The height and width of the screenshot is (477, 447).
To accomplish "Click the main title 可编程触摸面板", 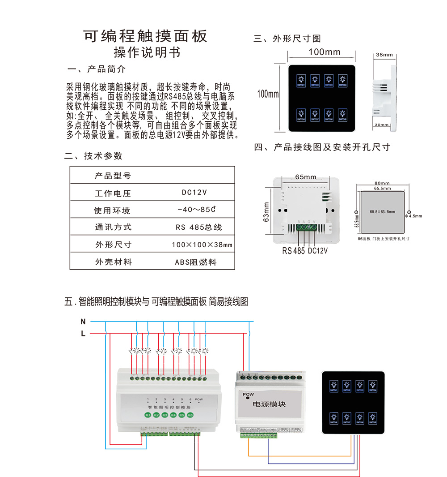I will (x=146, y=36).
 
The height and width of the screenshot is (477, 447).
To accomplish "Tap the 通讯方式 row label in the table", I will (x=114, y=227).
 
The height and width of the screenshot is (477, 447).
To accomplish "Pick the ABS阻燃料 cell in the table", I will (x=195, y=262).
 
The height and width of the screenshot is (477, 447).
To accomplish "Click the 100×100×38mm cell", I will (x=202, y=245).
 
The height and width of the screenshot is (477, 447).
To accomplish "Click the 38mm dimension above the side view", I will (x=384, y=55).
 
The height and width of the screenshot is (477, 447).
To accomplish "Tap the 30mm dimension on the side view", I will (x=382, y=125).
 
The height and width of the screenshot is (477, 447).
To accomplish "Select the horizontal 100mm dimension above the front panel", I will (x=324, y=52).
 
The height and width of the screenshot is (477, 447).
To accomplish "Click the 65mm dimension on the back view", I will (x=305, y=177).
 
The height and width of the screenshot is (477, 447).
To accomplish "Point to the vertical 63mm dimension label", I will (x=266, y=212).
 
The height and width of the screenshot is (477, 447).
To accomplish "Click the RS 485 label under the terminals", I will (x=293, y=251).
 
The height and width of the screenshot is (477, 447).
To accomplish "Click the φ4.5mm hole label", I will (x=415, y=216).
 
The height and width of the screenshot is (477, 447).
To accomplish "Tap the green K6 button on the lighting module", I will (x=190, y=415).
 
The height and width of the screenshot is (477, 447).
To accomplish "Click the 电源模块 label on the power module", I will (x=269, y=404).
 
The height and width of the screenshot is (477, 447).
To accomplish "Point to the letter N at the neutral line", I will (x=83, y=322).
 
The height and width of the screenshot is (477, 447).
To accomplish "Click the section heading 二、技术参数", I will (x=93, y=156).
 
